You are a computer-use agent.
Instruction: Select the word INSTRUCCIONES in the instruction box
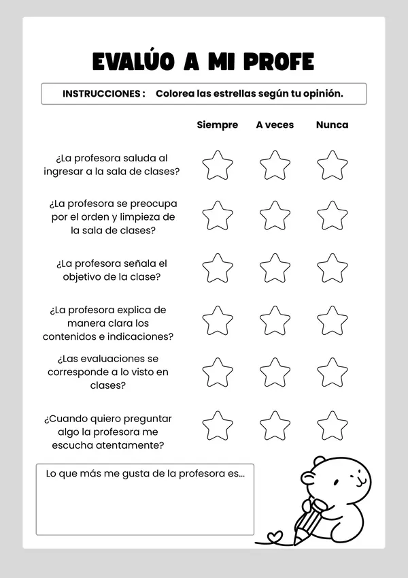pos(103,93)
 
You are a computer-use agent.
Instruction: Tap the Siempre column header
pos(217,125)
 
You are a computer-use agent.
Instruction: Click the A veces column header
pos(275,125)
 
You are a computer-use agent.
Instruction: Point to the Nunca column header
pos(332,125)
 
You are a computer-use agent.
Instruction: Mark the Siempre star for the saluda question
pos(218,165)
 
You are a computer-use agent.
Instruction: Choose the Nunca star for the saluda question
pos(333,165)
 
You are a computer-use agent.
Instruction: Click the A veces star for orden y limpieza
pos(275,216)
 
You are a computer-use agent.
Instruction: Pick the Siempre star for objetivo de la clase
pos(218,268)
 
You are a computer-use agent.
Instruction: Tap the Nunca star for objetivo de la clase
pos(333,268)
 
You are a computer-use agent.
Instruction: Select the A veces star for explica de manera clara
pos(275,321)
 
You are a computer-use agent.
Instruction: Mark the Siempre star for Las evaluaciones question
pos(218,372)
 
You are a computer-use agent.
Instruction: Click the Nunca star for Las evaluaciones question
pos(333,372)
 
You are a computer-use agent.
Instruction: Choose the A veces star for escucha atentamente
pos(275,426)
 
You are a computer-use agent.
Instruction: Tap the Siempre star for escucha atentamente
pos(218,426)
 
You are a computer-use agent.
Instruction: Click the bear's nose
pos(358,479)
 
